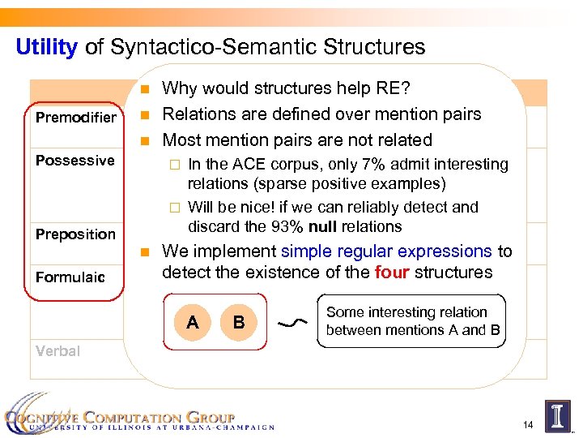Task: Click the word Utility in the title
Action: [46, 47]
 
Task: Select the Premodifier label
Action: [76, 118]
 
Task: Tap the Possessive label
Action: [75, 161]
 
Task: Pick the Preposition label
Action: [76, 234]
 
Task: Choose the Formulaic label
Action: [70, 277]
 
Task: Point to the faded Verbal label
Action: [57, 351]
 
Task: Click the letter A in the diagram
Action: [192, 323]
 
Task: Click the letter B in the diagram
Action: [239, 323]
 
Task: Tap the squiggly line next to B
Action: [289, 324]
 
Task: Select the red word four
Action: [392, 273]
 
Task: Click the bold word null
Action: [321, 226]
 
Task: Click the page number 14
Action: [530, 424]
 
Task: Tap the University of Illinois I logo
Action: [558, 414]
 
